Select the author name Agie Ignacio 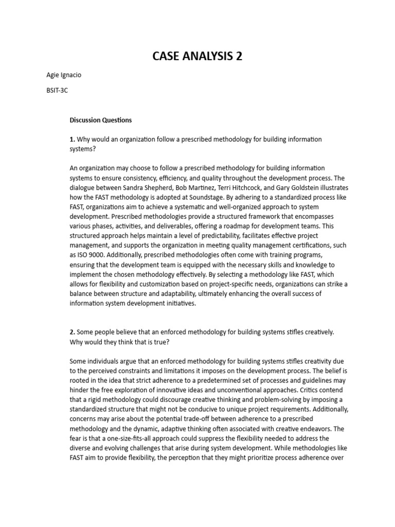pos(64,75)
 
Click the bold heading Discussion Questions pos(101,120)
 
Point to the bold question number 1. pos(72,139)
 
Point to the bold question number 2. pos(72,332)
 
